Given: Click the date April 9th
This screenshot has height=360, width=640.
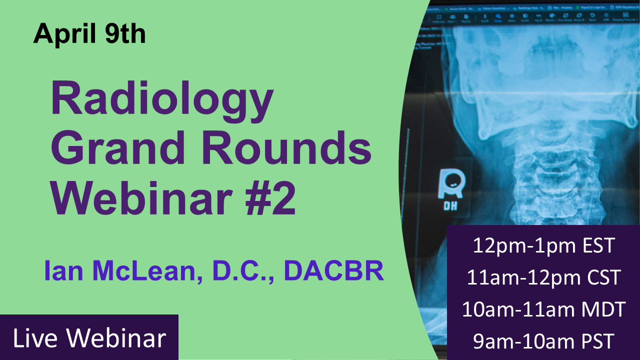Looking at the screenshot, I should click(89, 34).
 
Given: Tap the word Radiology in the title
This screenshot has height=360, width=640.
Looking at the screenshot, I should click(162, 100).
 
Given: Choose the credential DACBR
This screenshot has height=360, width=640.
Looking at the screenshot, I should click(333, 271).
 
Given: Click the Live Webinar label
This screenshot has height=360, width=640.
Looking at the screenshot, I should click(89, 338).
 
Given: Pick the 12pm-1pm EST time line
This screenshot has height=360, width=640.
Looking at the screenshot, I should click(543, 246).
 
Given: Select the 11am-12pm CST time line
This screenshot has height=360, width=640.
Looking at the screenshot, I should click(543, 277).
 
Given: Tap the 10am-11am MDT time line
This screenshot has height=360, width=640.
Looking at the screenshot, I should click(543, 309).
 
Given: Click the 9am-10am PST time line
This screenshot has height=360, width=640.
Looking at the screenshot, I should click(543, 342).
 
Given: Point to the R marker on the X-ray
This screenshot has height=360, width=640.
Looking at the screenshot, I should click(452, 184).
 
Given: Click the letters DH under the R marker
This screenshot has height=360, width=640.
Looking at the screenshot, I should click(451, 205).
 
